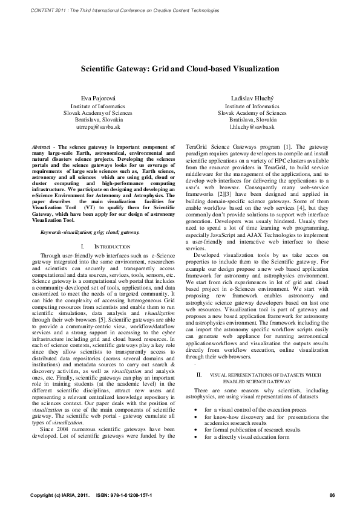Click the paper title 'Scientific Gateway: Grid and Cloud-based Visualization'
pyautogui.click(x=180, y=70)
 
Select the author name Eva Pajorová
pyautogui.click(x=97, y=97)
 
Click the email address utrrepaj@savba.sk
pyautogui.click(x=97, y=128)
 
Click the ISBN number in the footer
pyautogui.click(x=128, y=496)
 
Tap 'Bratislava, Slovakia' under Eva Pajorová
pyautogui.click(x=97, y=120)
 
